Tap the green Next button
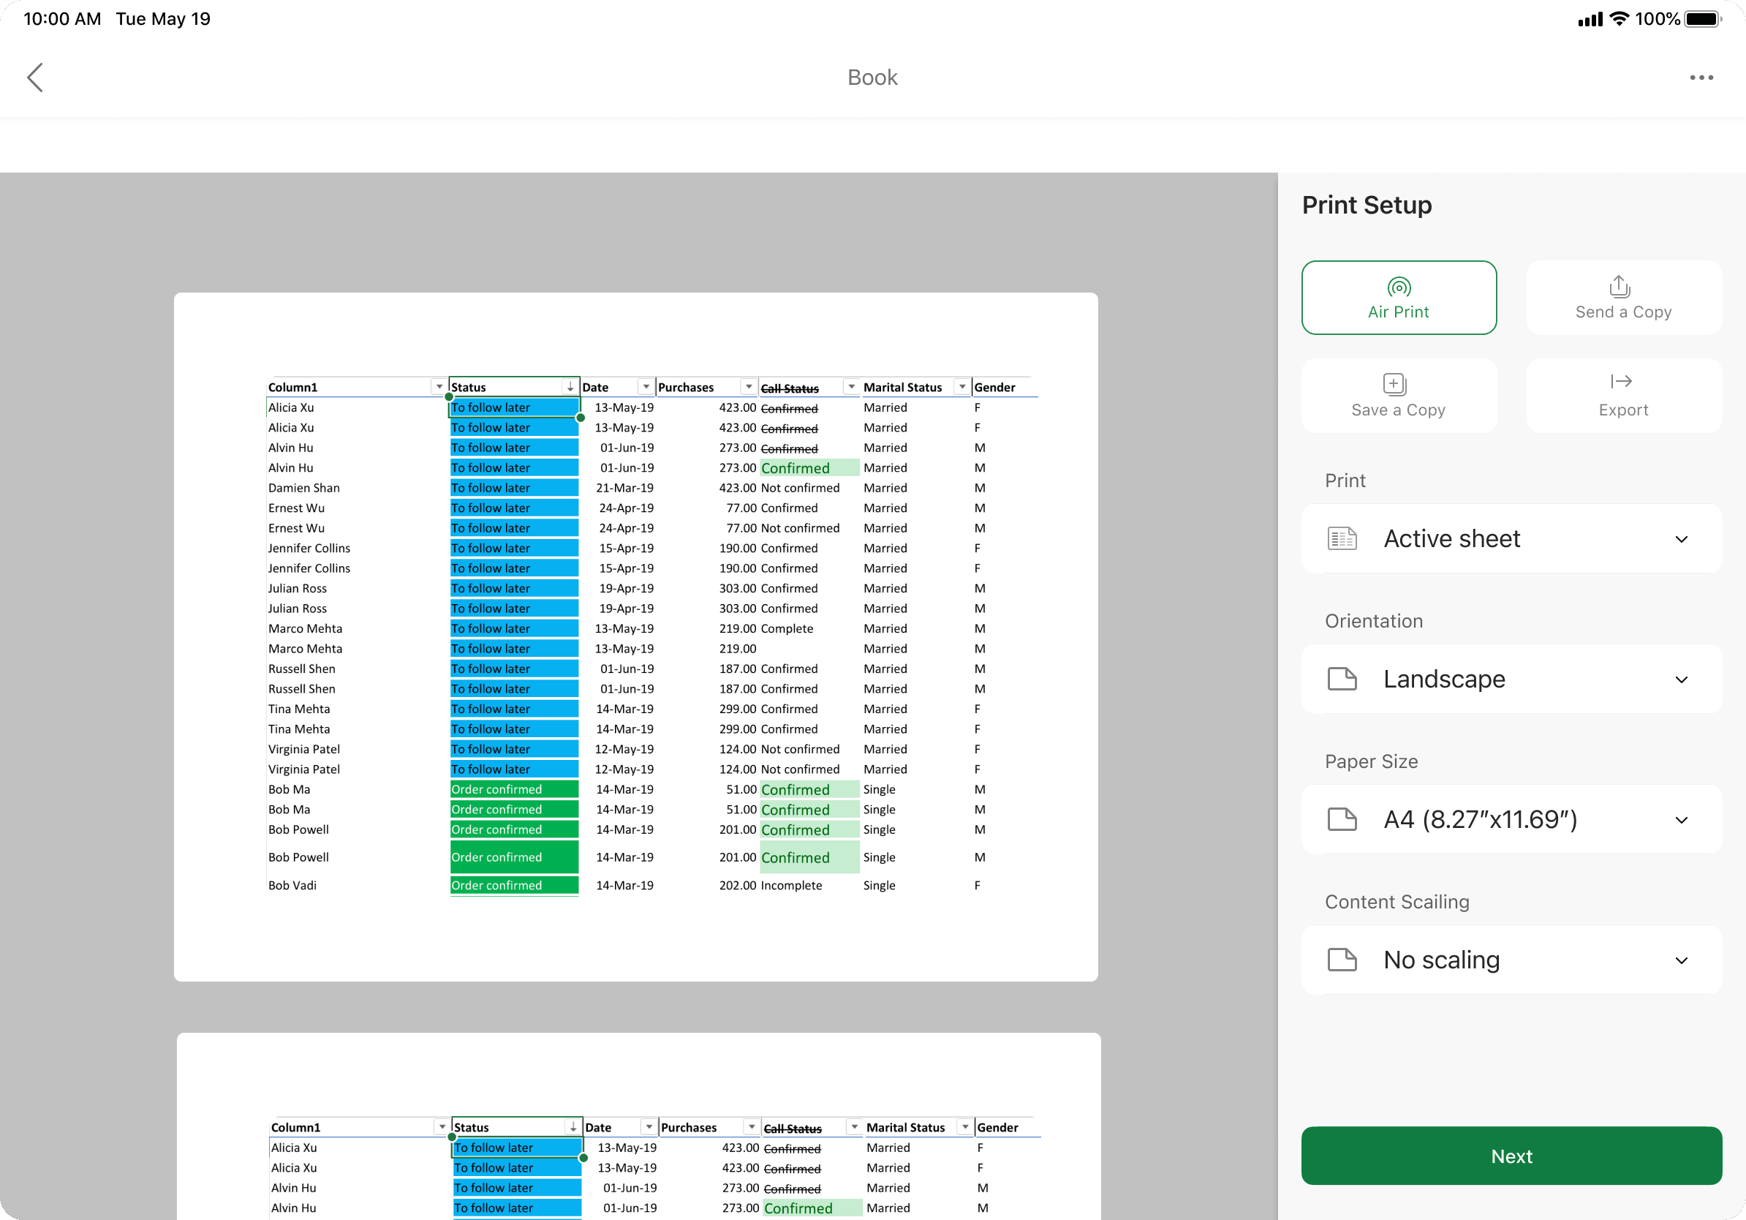click(1511, 1156)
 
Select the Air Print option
click(1399, 298)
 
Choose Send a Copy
click(1624, 298)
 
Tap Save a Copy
click(1399, 396)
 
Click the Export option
click(1624, 396)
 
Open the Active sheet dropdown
click(1511, 538)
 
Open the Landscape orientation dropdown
click(1511, 679)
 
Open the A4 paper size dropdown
click(1511, 819)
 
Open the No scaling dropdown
click(1511, 960)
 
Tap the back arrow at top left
click(35, 78)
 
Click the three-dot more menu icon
click(1701, 78)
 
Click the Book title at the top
click(872, 78)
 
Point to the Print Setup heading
click(1367, 206)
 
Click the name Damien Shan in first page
click(303, 488)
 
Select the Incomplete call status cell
click(791, 885)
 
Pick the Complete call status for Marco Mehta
click(786, 628)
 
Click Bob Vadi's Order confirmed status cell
click(513, 885)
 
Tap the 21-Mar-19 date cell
click(624, 488)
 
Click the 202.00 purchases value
click(738, 885)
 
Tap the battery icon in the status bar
click(1702, 19)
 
